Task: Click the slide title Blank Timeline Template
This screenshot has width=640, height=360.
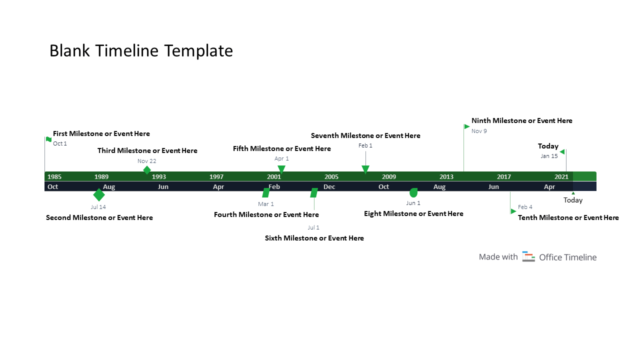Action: coord(141,51)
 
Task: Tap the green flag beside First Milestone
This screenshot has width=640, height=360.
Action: coord(48,139)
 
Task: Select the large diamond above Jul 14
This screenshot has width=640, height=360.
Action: coord(99,194)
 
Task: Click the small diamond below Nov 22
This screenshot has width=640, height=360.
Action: coord(146,170)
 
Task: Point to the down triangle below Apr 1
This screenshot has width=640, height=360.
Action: coord(281,169)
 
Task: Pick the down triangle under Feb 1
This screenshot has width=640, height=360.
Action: coord(365,169)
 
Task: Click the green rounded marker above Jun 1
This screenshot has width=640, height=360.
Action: coord(413,192)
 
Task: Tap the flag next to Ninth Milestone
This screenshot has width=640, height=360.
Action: coord(467,126)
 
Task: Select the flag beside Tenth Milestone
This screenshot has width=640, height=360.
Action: coord(513,211)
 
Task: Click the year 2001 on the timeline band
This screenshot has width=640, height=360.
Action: coord(274,176)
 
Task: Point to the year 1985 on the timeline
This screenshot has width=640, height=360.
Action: coord(54,176)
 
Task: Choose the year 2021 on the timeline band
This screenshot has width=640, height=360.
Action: coord(561,176)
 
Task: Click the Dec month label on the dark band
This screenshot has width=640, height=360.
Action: coord(329,186)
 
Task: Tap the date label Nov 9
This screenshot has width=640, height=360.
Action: coord(479,131)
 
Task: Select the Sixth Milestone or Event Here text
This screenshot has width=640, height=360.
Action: coord(314,238)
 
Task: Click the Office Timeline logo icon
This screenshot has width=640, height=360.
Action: coord(528,256)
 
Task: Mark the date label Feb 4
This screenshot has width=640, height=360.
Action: coord(525,207)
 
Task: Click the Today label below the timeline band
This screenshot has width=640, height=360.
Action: coord(573,200)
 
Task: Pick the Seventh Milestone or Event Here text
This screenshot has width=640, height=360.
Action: coord(365,135)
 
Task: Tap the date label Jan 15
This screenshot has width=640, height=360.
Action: coord(549,156)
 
